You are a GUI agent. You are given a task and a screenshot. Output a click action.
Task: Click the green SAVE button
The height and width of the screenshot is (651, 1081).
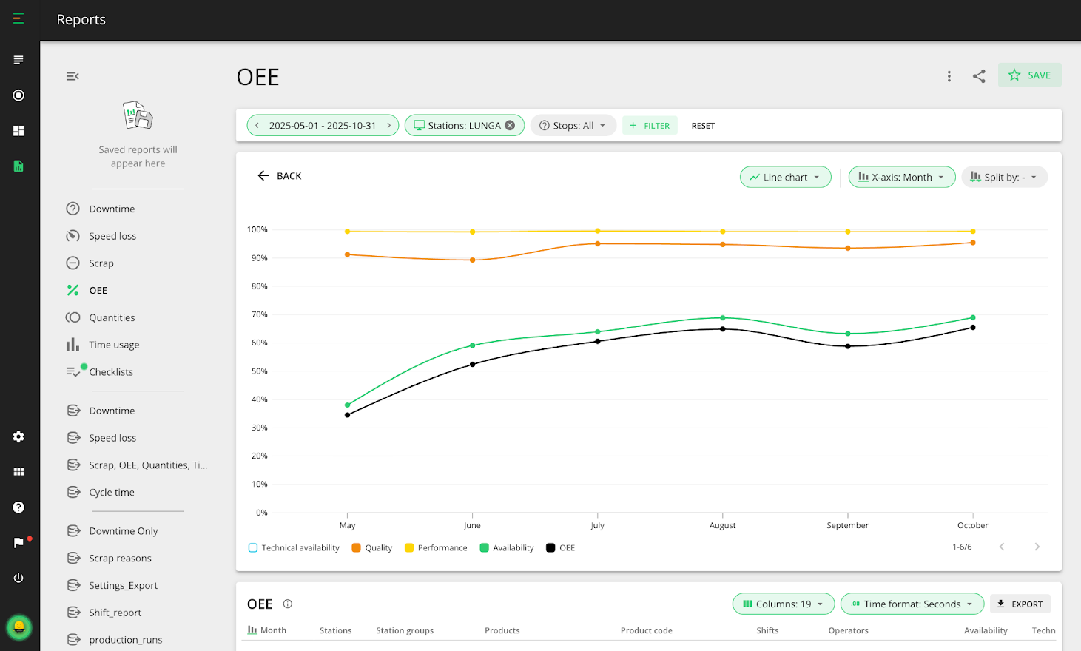1029,75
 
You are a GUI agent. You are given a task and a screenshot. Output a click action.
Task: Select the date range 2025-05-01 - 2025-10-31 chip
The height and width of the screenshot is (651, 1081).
322,126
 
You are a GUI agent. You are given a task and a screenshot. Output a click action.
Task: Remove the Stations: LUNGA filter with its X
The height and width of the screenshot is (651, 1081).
510,126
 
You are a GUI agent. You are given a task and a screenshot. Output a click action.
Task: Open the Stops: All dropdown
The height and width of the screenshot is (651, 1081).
573,126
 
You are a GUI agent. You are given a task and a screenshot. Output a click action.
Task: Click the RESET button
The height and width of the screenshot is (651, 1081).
703,126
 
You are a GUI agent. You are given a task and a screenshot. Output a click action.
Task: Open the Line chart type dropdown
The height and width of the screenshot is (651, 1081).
785,178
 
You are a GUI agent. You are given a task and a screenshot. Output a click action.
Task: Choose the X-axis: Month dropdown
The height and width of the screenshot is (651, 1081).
901,178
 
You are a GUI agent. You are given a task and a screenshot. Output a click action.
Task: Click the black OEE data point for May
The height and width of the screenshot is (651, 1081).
348,415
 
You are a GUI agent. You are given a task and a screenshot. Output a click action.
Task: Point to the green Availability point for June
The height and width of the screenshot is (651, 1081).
473,345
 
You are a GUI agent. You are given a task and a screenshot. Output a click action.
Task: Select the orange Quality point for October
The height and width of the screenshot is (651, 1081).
973,243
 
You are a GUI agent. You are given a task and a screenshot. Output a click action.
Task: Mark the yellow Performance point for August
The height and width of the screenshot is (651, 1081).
723,232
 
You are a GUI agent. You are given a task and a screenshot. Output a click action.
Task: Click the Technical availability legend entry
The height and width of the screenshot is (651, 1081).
294,548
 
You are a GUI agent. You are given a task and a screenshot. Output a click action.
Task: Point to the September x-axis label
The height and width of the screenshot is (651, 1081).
847,525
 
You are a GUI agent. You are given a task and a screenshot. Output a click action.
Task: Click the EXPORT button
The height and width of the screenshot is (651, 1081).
1020,604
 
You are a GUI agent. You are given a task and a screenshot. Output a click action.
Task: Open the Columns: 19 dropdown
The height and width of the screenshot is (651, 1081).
783,604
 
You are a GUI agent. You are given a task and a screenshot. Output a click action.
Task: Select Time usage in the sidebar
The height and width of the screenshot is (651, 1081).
114,345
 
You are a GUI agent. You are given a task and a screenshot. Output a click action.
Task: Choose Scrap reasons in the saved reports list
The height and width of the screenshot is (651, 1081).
120,559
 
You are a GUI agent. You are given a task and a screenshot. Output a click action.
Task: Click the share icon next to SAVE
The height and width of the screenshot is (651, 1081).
979,76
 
